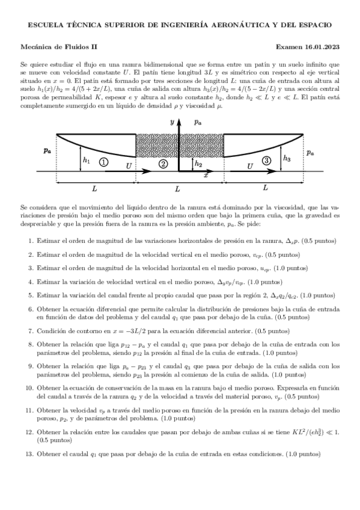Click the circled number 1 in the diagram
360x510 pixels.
click(104, 162)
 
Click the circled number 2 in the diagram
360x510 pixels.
click(163, 164)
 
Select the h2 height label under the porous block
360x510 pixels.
click(198, 164)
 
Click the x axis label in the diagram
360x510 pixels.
click(206, 176)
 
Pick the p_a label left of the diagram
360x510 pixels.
click(47, 151)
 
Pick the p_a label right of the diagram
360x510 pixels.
click(310, 153)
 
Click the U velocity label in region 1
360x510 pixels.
click(127, 164)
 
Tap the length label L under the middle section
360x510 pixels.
click(177, 189)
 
